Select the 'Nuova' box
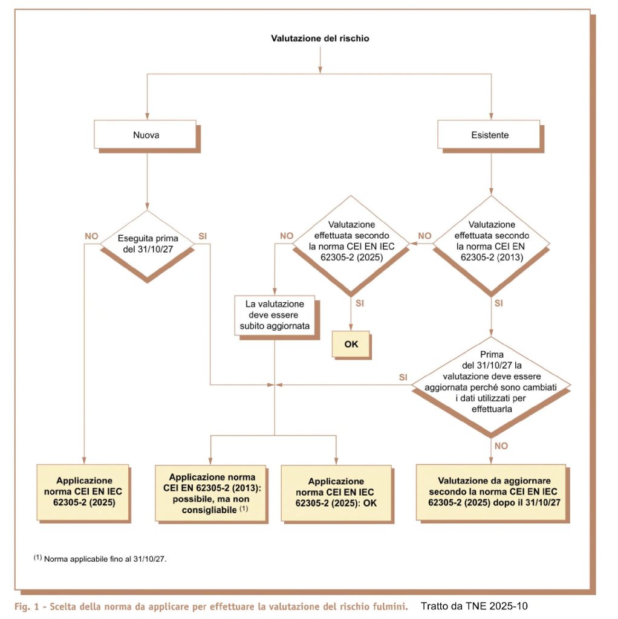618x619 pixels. click(146, 135)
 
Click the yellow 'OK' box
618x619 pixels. click(351, 343)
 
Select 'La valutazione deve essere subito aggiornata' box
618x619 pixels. click(275, 315)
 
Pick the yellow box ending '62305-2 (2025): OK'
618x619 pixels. click(336, 492)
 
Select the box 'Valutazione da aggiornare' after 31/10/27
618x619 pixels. click(491, 491)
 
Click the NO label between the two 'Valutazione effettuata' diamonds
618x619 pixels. click(426, 235)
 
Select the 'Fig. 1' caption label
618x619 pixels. click(28, 605)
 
